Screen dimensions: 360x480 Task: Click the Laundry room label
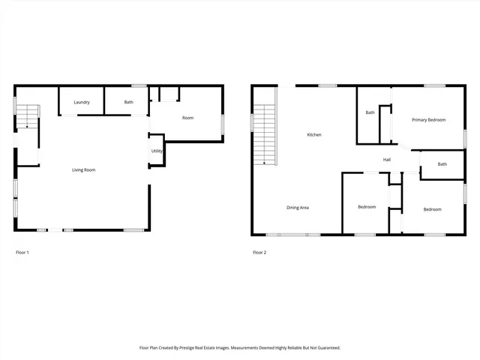point(82,102)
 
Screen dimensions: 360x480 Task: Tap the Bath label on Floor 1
point(129,102)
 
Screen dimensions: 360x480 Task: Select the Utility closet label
point(157,151)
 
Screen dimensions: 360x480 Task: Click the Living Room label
point(83,170)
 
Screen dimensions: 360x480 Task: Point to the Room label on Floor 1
point(188,118)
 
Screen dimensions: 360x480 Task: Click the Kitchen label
point(314,135)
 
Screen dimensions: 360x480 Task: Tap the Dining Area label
point(298,208)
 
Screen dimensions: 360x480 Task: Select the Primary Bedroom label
point(428,120)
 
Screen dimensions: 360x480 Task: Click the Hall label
point(387,160)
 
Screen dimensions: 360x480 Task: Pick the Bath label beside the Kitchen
point(370,113)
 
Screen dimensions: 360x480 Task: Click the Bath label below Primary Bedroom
point(442,164)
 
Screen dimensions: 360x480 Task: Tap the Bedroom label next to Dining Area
point(367,207)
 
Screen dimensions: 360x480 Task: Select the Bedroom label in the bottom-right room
point(432,209)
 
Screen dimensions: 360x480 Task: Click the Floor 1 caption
point(22,253)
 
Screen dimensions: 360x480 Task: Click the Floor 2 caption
point(259,253)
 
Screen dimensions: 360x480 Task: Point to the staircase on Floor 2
point(264,135)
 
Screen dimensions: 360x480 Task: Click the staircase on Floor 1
point(27,117)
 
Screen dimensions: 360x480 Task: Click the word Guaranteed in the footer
point(324,348)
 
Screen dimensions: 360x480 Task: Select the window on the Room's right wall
point(222,124)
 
